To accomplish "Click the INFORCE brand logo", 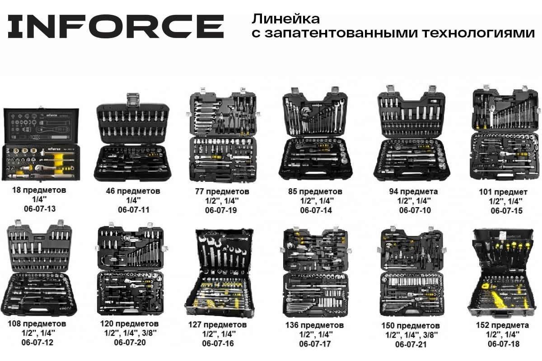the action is pyautogui.click(x=116, y=27).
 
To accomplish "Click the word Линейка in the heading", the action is pyautogui.click(x=286, y=19).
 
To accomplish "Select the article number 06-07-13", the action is pyautogui.click(x=40, y=208).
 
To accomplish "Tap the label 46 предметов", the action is pyautogui.click(x=133, y=191).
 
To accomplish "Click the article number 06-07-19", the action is pyautogui.click(x=221, y=210).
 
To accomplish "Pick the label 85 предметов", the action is pyautogui.click(x=315, y=191).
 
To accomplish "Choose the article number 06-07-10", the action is pyautogui.click(x=415, y=210).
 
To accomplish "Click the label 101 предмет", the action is pyautogui.click(x=503, y=192).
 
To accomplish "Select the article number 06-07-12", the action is pyautogui.click(x=37, y=342).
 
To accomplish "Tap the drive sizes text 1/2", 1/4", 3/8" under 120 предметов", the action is pyautogui.click(x=130, y=333).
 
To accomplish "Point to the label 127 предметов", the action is pyautogui.click(x=218, y=324).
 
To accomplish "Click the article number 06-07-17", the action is pyautogui.click(x=315, y=343).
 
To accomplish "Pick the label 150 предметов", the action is pyautogui.click(x=411, y=325).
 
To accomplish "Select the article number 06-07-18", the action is pyautogui.click(x=504, y=343).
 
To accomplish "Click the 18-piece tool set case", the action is pyautogui.click(x=41, y=144).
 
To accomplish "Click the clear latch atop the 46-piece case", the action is pyautogui.click(x=133, y=100).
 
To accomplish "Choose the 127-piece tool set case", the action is pyautogui.click(x=220, y=273).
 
